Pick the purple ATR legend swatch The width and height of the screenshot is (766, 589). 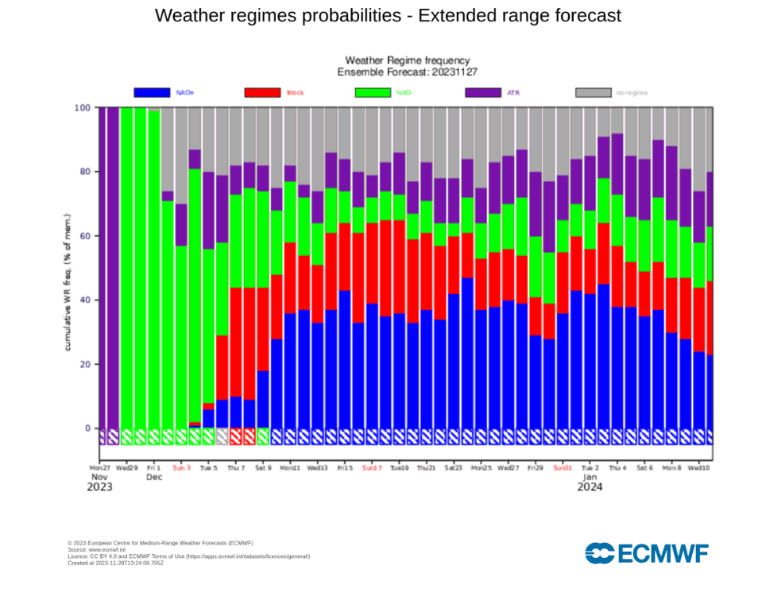coord(482,93)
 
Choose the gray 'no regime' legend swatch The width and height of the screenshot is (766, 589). coord(592,93)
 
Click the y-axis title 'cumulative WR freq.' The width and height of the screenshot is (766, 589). coord(69,282)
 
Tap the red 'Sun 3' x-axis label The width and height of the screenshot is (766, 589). coord(182,467)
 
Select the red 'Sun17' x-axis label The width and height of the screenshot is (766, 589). coord(372,467)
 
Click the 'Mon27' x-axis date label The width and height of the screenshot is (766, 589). coord(100,467)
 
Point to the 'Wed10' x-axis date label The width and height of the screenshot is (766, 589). coord(698,467)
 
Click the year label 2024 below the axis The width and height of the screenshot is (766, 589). coord(590,488)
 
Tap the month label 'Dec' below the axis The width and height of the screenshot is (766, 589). coord(154,478)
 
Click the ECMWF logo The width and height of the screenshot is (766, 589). coord(646,552)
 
